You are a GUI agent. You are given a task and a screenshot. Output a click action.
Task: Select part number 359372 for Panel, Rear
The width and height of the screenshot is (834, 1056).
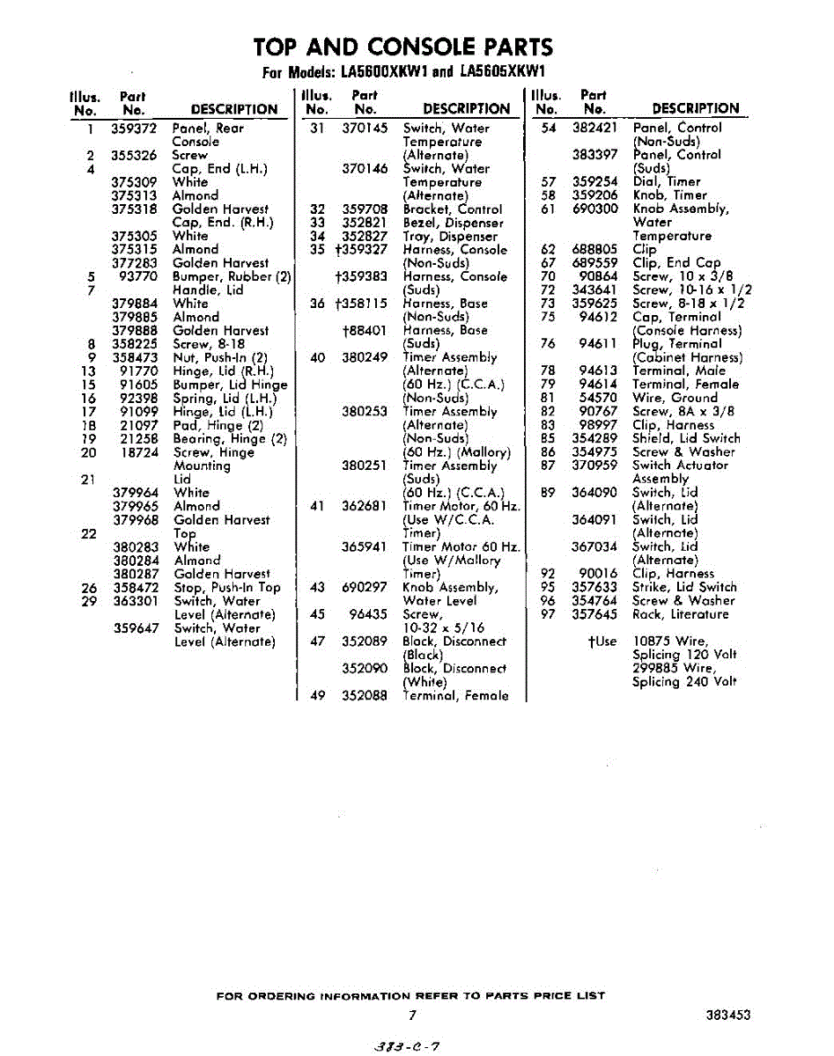134,128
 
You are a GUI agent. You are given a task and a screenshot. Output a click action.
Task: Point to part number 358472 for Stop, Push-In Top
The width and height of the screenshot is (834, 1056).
135,588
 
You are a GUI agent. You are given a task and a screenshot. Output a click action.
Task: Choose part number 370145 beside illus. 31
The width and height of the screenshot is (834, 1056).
364,128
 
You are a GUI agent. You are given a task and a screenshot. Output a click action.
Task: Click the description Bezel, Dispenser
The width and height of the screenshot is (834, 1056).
453,224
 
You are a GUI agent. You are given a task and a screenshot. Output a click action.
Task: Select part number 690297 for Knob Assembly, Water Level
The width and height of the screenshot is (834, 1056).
364,588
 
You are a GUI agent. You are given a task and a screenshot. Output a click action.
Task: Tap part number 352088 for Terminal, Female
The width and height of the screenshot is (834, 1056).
364,696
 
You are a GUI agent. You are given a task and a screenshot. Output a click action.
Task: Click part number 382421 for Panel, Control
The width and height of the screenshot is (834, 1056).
594,128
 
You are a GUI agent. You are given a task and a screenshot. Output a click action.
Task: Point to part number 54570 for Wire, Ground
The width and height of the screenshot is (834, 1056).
598,399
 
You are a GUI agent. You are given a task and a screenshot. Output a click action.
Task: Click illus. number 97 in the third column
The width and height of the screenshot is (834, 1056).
548,614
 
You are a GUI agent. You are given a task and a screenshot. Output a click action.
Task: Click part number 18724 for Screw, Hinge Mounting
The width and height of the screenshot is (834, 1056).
138,452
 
